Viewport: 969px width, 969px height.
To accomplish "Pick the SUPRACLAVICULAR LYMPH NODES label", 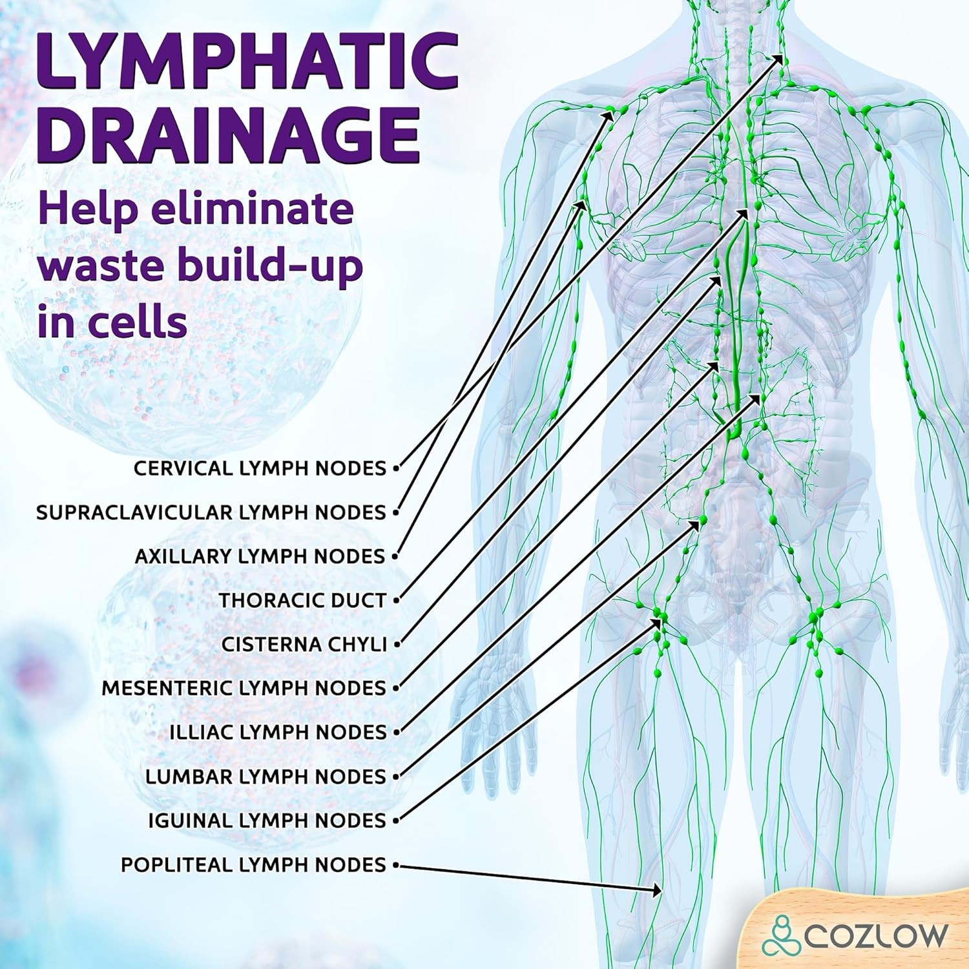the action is click(211, 512).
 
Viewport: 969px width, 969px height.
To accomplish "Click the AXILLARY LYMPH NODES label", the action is click(260, 556).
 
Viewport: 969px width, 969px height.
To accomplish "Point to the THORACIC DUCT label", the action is click(302, 600).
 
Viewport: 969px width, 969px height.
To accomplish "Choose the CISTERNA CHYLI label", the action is click(304, 644).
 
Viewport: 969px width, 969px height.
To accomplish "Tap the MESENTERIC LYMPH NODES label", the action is click(244, 688).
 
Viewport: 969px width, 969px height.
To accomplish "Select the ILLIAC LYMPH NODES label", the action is click(278, 732).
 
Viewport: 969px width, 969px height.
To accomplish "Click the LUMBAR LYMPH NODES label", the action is click(266, 776).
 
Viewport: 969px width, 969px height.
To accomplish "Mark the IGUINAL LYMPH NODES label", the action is click(267, 820).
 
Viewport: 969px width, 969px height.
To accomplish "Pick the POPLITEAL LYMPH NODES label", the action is click(253, 864).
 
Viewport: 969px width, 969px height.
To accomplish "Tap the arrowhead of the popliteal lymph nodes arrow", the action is click(658, 891).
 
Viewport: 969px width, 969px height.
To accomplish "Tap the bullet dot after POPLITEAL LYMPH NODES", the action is click(395, 864).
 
